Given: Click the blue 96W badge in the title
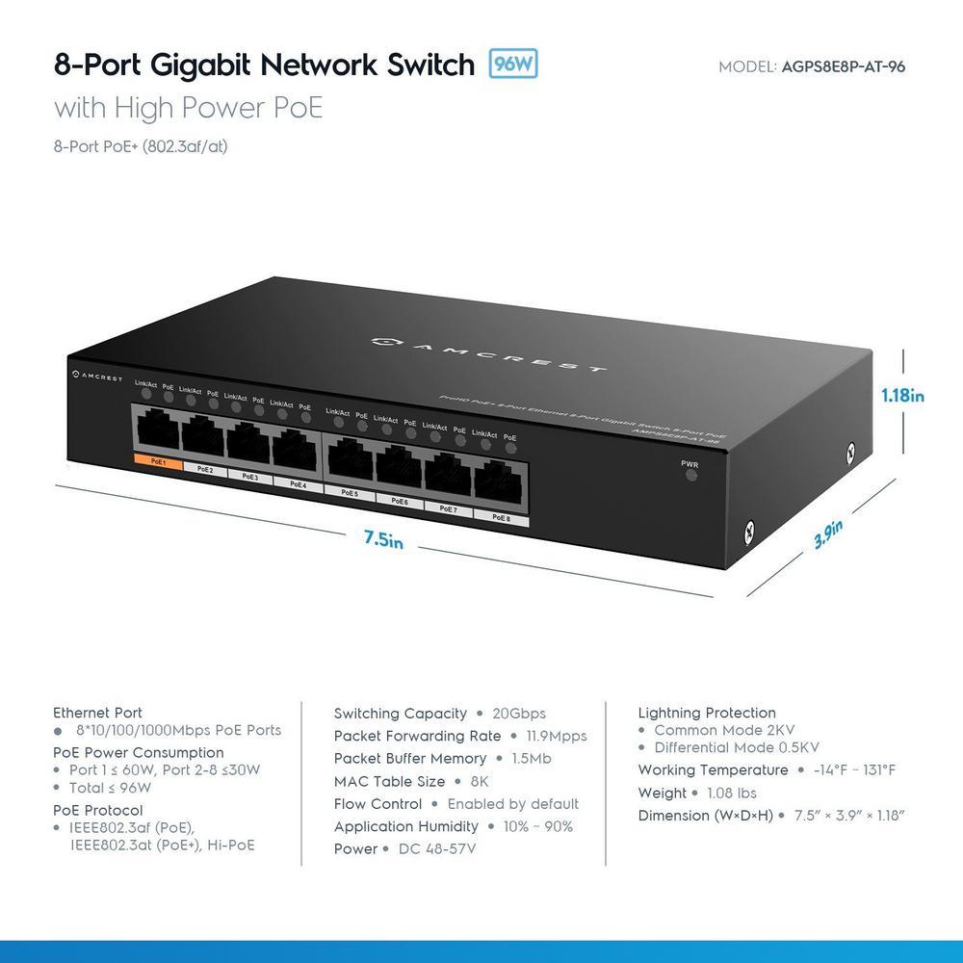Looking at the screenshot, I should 513,64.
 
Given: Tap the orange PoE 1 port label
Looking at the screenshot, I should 156,463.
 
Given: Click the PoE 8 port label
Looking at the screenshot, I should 501,517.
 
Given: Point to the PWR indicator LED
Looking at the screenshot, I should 690,476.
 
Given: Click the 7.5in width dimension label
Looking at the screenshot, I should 383,539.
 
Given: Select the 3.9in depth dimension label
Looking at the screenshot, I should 828,533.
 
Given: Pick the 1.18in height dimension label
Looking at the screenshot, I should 903,395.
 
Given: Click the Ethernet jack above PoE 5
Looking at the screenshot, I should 350,458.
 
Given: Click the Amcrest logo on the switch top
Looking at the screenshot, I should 490,352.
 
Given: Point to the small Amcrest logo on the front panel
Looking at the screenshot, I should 97,376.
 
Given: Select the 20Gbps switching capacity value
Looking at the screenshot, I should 520,714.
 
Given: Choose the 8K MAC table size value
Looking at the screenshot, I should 480,781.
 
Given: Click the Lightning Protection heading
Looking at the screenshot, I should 707,713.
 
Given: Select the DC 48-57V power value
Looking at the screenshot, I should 437,848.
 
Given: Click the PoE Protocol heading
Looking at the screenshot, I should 98,810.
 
